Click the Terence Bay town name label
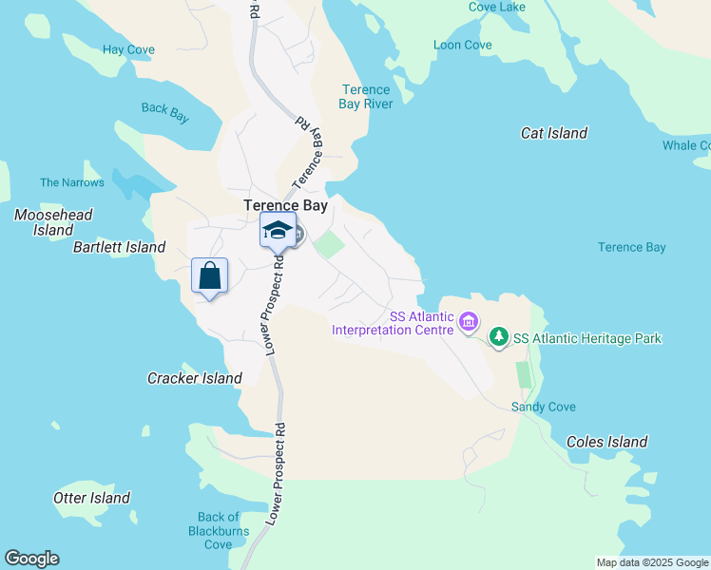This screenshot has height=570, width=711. [285, 205]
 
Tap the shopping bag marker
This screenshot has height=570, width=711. [209, 276]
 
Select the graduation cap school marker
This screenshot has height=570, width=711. [278, 231]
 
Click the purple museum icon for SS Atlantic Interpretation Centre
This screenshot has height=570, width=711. [468, 323]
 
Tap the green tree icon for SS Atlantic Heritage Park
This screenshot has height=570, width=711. [498, 337]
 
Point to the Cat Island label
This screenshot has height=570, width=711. [554, 133]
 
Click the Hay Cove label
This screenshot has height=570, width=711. [128, 49]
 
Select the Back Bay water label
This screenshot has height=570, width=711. [165, 109]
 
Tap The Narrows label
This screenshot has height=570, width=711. [71, 182]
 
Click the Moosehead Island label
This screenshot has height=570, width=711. [53, 222]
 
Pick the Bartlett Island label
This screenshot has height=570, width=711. [119, 247]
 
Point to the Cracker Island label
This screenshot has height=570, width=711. [194, 378]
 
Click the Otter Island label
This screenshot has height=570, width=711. [91, 498]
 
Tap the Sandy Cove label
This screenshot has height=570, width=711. [543, 407]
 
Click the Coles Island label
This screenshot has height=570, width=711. [606, 442]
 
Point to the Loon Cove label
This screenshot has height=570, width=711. [462, 45]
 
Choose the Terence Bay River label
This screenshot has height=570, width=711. [366, 97]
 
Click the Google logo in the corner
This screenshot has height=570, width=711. [31, 559]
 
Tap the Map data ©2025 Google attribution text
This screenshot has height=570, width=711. [651, 562]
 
